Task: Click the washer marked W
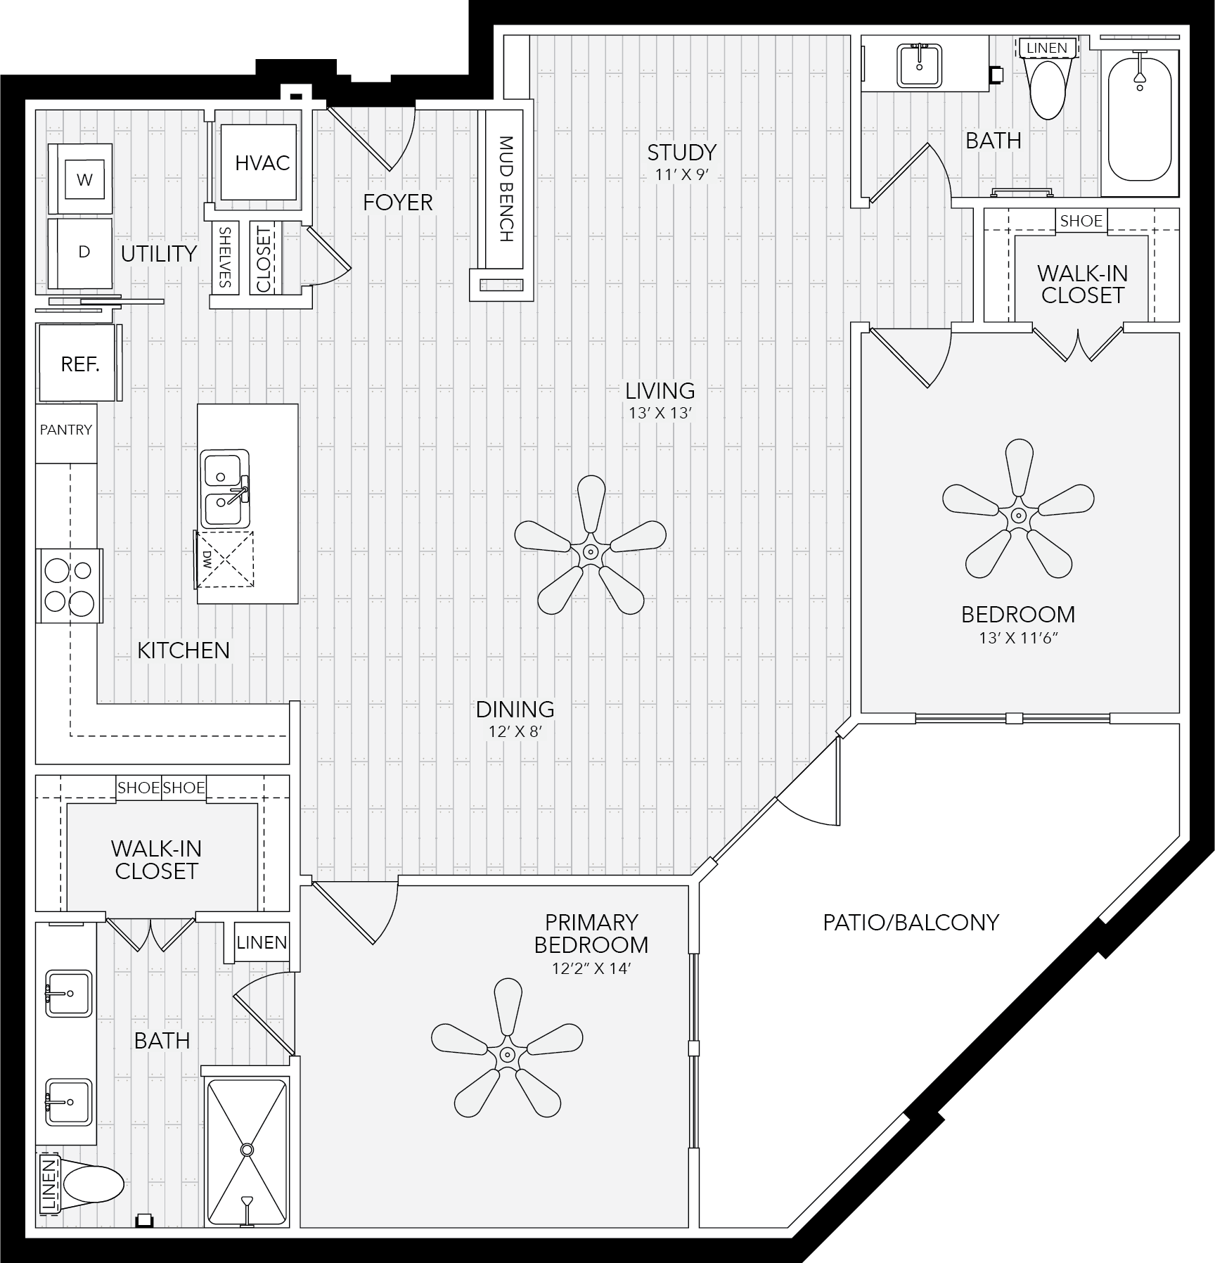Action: coord(79,179)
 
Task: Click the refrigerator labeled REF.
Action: coord(77,363)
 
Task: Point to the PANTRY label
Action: coord(66,430)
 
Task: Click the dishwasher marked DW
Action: coord(224,559)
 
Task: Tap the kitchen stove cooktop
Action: coord(70,586)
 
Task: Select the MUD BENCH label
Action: coord(506,188)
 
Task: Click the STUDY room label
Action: coord(681,153)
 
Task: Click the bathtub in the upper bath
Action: coord(1139,116)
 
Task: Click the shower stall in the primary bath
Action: coord(246,1151)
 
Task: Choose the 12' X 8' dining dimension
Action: coord(515,732)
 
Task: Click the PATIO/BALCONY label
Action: coord(911,922)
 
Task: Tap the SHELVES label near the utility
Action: coord(225,257)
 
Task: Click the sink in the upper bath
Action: coord(920,65)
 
